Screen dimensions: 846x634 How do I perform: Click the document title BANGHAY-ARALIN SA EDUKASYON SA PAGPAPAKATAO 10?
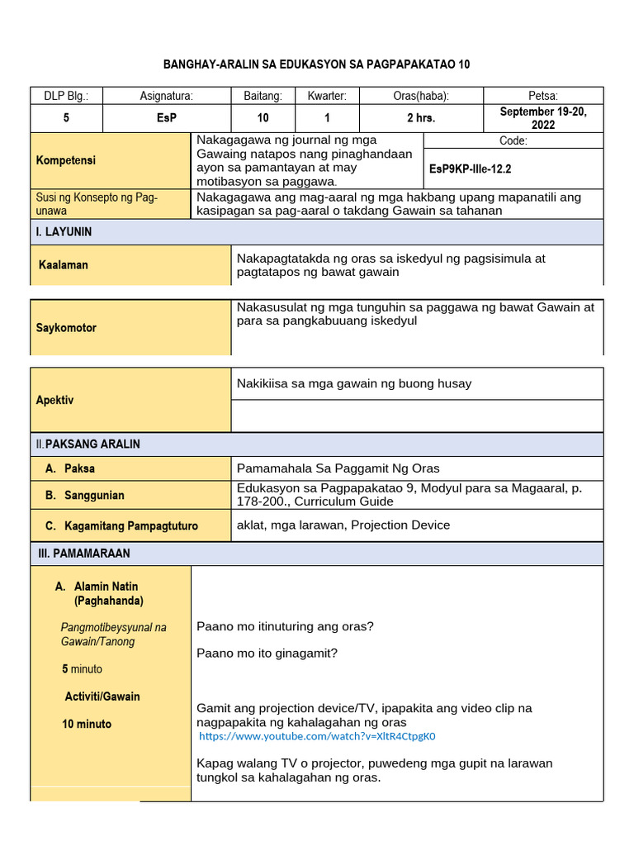[x=316, y=64]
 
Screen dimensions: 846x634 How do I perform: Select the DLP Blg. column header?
[x=66, y=97]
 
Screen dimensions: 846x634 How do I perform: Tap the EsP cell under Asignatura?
[x=167, y=118]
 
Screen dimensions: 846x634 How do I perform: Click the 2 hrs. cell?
[x=421, y=118]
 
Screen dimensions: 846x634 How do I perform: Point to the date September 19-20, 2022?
[x=543, y=118]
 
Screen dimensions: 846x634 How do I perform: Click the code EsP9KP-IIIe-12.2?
[x=471, y=169]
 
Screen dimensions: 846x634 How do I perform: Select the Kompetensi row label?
[x=66, y=160]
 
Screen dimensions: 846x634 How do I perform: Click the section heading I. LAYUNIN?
[x=64, y=232]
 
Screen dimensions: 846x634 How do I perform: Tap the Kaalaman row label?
[x=64, y=265]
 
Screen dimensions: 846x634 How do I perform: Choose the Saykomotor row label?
[x=66, y=328]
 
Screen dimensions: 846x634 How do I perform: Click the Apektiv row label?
[x=54, y=400]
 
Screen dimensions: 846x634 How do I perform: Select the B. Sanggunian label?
[x=85, y=496]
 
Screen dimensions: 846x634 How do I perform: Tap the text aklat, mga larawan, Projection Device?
[x=343, y=525]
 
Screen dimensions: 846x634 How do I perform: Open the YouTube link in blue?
[x=316, y=736]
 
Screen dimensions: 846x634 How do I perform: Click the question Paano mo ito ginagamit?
[x=267, y=654]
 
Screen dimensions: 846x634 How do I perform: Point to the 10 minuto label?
[x=87, y=725]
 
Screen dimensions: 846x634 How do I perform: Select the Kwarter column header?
[x=327, y=97]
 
